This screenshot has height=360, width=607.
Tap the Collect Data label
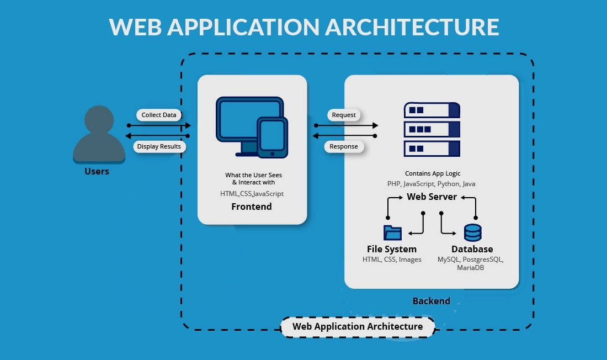159,115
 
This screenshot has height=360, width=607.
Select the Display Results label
159,146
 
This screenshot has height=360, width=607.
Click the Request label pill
344,115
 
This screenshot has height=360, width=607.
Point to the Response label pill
344,146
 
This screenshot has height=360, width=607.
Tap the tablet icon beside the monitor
272,136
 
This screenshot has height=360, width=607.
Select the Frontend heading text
251,207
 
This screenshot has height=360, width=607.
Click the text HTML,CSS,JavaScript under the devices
252,193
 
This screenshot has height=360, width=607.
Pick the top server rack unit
432,110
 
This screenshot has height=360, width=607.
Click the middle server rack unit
432,130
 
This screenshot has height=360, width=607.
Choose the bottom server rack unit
432,149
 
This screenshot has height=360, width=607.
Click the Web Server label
432,197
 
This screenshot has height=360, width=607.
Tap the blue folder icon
392,232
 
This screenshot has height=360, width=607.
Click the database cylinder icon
472,232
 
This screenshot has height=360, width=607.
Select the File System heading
392,249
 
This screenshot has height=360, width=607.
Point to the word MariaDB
471,268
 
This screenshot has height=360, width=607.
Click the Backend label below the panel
431,301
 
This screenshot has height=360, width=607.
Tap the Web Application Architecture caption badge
358,326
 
